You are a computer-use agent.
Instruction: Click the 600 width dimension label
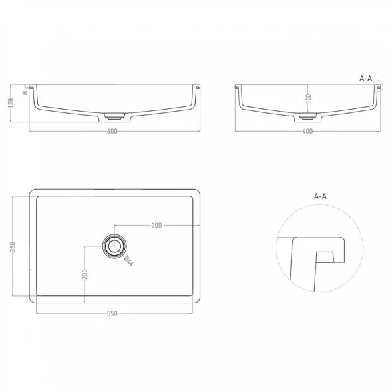coord(112,131)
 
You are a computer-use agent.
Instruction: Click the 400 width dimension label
coord(307,131)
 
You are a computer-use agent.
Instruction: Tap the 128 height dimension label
coord(11,103)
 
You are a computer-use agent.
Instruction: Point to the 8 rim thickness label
coord(25,93)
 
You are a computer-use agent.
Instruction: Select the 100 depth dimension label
coord(309,98)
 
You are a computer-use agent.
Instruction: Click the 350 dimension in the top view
coord(13,246)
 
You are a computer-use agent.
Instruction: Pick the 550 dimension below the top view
coord(112,313)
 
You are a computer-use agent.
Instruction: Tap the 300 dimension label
coord(156,225)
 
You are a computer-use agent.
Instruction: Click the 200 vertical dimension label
coord(85,274)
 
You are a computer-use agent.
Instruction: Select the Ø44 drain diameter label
coord(128,261)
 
